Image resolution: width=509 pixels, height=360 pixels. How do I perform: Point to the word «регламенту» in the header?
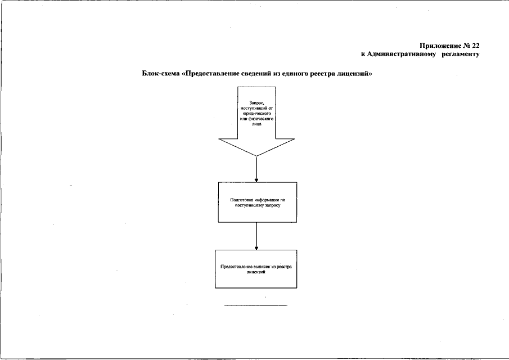(x=461, y=54)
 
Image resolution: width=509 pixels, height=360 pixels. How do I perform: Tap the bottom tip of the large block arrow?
(x=256, y=156)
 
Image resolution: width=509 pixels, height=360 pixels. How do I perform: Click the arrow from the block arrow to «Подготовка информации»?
(x=256, y=169)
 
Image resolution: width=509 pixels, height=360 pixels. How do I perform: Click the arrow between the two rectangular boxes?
(x=256, y=236)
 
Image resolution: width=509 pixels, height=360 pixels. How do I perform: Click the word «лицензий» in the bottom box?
(x=256, y=272)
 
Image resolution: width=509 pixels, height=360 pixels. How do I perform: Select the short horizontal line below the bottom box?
(x=256, y=305)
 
